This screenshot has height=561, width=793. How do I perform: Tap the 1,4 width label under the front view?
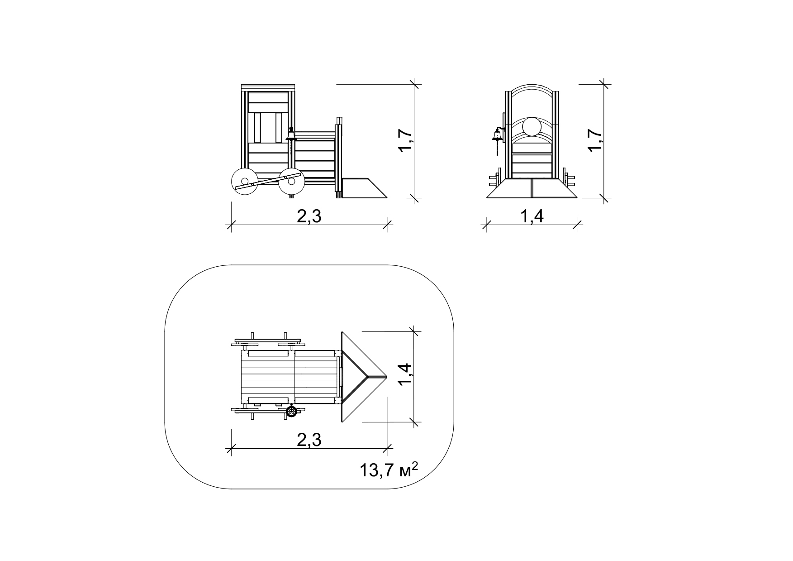532,216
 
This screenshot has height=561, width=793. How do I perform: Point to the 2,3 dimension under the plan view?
309,440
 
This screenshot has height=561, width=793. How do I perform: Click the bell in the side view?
291,134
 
